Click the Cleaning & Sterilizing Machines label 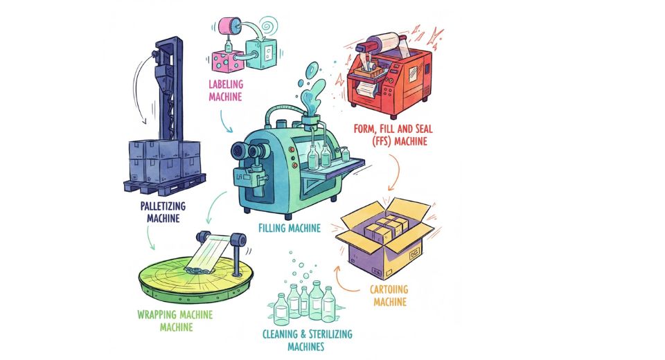pos(307,339)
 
